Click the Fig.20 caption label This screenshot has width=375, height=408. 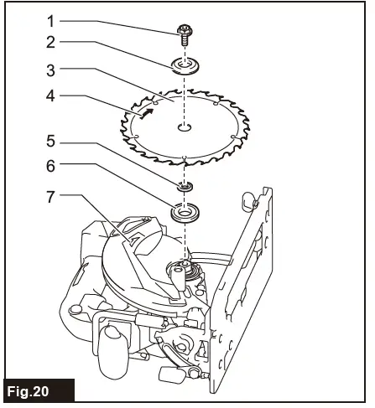click(38, 391)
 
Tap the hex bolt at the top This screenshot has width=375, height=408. click(184, 34)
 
